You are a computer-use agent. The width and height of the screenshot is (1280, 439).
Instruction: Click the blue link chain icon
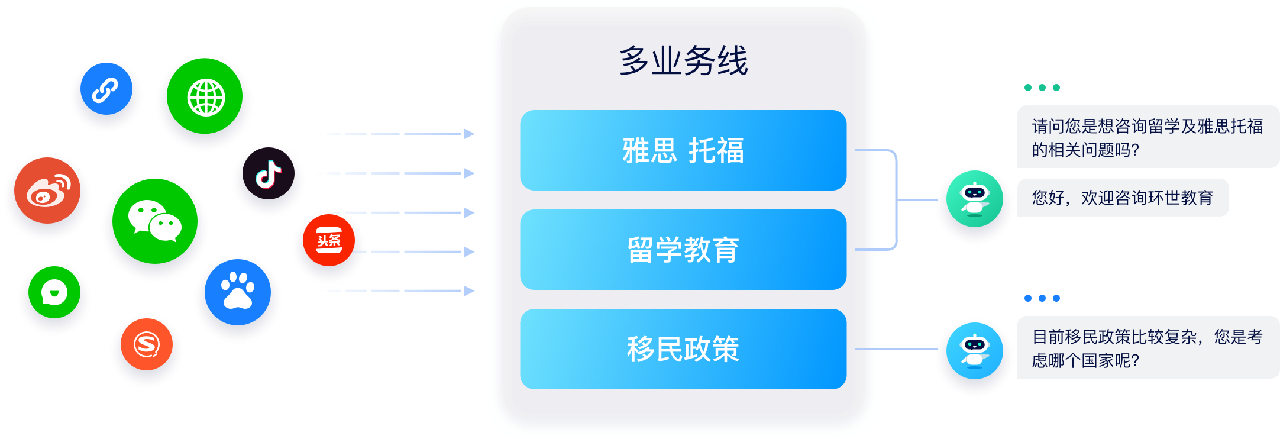[106, 89]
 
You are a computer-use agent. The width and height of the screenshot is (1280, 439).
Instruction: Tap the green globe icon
[205, 96]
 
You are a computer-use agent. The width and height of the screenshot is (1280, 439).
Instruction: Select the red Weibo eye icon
[47, 191]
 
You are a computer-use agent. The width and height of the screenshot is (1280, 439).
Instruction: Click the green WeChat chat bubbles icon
[155, 221]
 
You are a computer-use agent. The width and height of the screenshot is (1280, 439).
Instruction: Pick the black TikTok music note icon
[269, 173]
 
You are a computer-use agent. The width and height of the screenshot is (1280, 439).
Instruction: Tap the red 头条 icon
[329, 240]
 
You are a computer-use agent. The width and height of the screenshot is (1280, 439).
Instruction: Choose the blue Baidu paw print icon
[238, 292]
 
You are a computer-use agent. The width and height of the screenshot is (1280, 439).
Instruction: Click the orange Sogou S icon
[147, 344]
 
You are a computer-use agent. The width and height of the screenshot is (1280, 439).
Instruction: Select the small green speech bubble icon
[54, 292]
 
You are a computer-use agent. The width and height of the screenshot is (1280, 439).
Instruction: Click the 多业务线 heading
[684, 60]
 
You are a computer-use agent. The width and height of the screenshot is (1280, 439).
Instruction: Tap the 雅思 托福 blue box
[683, 150]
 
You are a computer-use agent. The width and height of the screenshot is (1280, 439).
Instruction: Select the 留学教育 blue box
[683, 250]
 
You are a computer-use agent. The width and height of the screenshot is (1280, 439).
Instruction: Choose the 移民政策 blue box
[683, 349]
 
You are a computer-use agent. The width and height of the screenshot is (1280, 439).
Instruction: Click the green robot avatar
[975, 199]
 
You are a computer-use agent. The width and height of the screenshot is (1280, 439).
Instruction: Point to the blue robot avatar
[975, 350]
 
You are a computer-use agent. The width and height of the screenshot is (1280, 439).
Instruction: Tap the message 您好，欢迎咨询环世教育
[1123, 198]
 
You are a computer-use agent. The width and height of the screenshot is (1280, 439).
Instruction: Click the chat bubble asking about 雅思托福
[1148, 137]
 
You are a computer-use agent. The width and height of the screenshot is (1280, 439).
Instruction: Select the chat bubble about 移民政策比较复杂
[1148, 347]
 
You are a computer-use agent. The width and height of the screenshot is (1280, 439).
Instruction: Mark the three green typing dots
[1042, 88]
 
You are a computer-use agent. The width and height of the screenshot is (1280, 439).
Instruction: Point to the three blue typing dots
[1042, 298]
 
